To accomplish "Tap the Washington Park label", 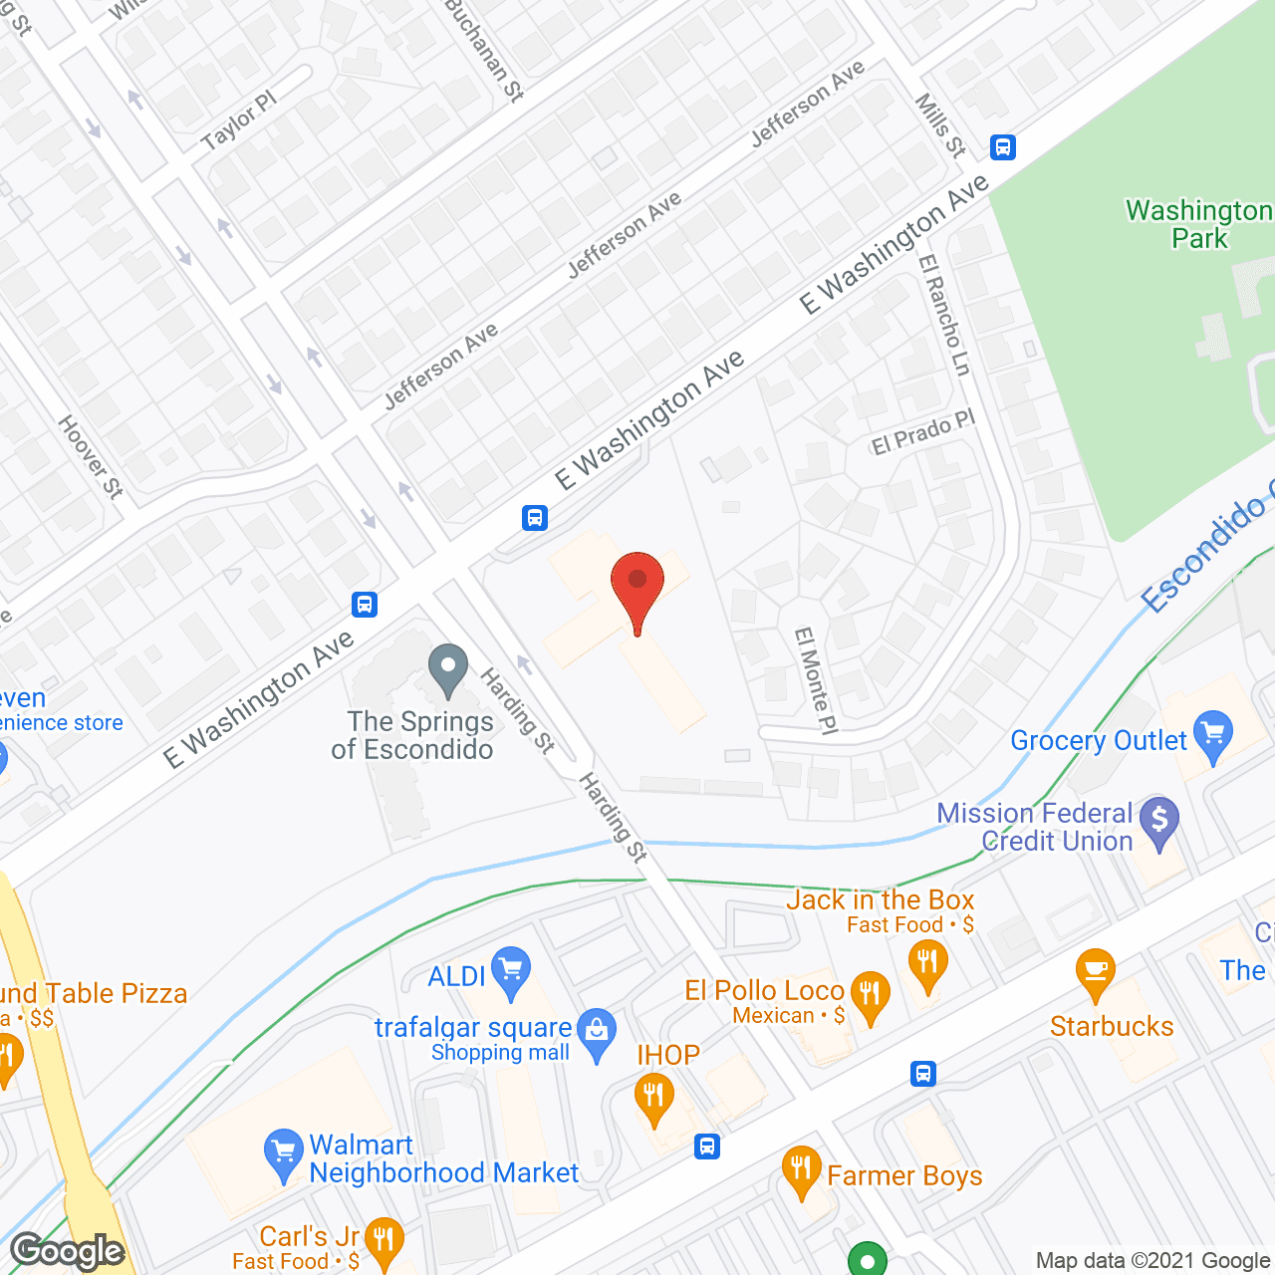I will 1199,224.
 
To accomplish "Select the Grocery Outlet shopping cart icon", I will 1213,735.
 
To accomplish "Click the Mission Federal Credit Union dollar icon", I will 1159,822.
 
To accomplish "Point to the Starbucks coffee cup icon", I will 1095,972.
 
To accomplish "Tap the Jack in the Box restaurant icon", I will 928,966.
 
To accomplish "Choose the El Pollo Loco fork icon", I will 871,996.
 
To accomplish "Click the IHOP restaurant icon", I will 653,1099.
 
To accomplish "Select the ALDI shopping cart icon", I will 511,970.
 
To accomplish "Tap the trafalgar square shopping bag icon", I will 598,1034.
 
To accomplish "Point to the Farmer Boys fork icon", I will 801,1170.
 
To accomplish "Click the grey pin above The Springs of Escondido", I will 448,668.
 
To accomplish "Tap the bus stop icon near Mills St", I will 1003,147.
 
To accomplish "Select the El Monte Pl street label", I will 815,681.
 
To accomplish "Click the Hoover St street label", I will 91,457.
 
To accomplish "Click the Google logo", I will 68,1250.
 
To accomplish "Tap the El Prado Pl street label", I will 923,432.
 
